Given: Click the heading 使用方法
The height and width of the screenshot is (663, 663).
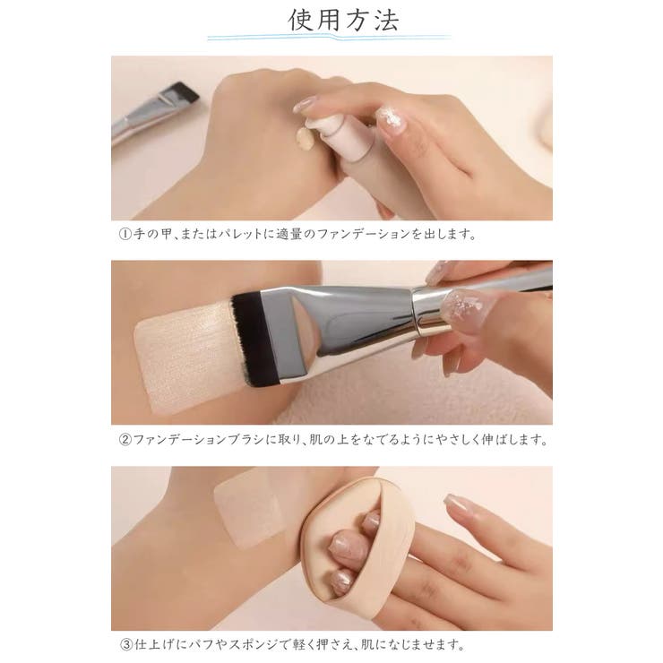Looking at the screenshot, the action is (343, 20).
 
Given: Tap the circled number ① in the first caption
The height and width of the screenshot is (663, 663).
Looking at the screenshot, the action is (125, 234).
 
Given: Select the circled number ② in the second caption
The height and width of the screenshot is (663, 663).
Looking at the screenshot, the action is (125, 440).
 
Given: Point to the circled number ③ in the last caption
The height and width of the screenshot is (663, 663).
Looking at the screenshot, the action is (126, 645).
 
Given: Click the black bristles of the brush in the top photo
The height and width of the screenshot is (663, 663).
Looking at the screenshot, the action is (187, 91).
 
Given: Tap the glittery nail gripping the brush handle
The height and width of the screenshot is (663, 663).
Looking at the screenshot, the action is (466, 306).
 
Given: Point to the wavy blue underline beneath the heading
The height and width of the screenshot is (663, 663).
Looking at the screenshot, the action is (329, 38).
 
